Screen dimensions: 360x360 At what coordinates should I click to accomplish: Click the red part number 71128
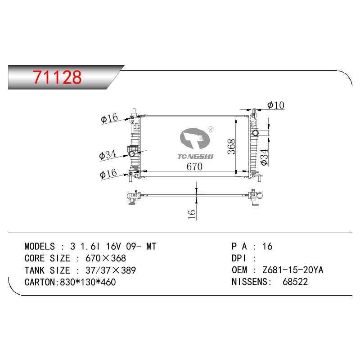[57, 77]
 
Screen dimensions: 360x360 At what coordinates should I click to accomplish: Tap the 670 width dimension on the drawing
[194, 166]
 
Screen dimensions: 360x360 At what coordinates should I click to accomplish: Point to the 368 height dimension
[231, 147]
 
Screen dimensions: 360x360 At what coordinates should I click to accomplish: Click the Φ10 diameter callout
[276, 105]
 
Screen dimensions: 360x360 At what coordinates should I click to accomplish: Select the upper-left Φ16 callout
[109, 118]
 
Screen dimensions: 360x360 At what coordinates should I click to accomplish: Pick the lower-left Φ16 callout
[108, 174]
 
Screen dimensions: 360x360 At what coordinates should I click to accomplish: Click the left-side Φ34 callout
[108, 155]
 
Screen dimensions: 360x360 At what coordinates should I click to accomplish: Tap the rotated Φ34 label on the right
[265, 157]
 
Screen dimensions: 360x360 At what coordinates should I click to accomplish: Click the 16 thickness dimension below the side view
[192, 214]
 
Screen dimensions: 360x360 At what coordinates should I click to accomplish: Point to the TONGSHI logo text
[195, 157]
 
